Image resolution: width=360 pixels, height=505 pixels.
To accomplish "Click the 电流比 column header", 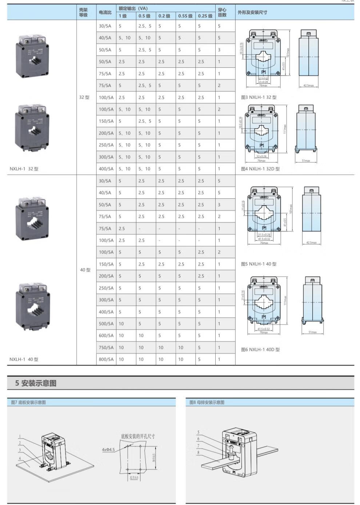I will pyautogui.click(x=105, y=12).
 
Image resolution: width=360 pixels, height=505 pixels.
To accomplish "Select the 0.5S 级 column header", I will pyautogui.click(x=185, y=16).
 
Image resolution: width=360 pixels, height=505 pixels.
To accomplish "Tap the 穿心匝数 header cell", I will pyautogui.click(x=222, y=12).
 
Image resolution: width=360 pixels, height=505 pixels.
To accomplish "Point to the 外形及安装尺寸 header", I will pyautogui.click(x=252, y=12).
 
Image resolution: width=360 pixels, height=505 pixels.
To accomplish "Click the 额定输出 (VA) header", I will pyautogui.click(x=133, y=8).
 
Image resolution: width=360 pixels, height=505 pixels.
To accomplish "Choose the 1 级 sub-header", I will pyautogui.click(x=123, y=16).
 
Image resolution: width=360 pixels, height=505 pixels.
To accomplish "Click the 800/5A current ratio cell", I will pyautogui.click(x=106, y=359).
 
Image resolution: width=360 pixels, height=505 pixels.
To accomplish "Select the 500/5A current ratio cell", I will pyautogui.click(x=106, y=323).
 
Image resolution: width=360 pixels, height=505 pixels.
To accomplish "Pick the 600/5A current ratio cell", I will pyautogui.click(x=106, y=335).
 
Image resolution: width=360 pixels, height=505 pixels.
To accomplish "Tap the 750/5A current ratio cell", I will pyautogui.click(x=106, y=347).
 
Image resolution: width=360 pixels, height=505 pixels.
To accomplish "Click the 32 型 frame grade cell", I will pyautogui.click(x=84, y=98).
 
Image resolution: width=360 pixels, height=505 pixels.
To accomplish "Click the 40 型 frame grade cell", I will pyautogui.click(x=85, y=270).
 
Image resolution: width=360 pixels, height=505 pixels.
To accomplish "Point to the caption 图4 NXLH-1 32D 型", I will pyautogui.click(x=260, y=169).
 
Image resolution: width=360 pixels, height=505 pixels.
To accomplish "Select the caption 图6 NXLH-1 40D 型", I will pyautogui.click(x=260, y=350).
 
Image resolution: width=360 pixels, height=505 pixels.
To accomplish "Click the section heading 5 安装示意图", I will pyautogui.click(x=36, y=383).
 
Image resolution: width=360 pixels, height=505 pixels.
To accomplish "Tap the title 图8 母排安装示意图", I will pyautogui.click(x=207, y=402).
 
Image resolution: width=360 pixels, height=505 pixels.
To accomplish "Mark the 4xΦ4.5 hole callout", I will pyautogui.click(x=108, y=450).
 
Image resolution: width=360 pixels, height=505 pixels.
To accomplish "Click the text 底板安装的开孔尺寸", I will pyautogui.click(x=138, y=436).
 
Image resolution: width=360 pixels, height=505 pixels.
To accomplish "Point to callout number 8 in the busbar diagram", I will pyautogui.click(x=198, y=453).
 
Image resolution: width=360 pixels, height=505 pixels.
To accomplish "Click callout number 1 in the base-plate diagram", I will pyautogui.click(x=20, y=436).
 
